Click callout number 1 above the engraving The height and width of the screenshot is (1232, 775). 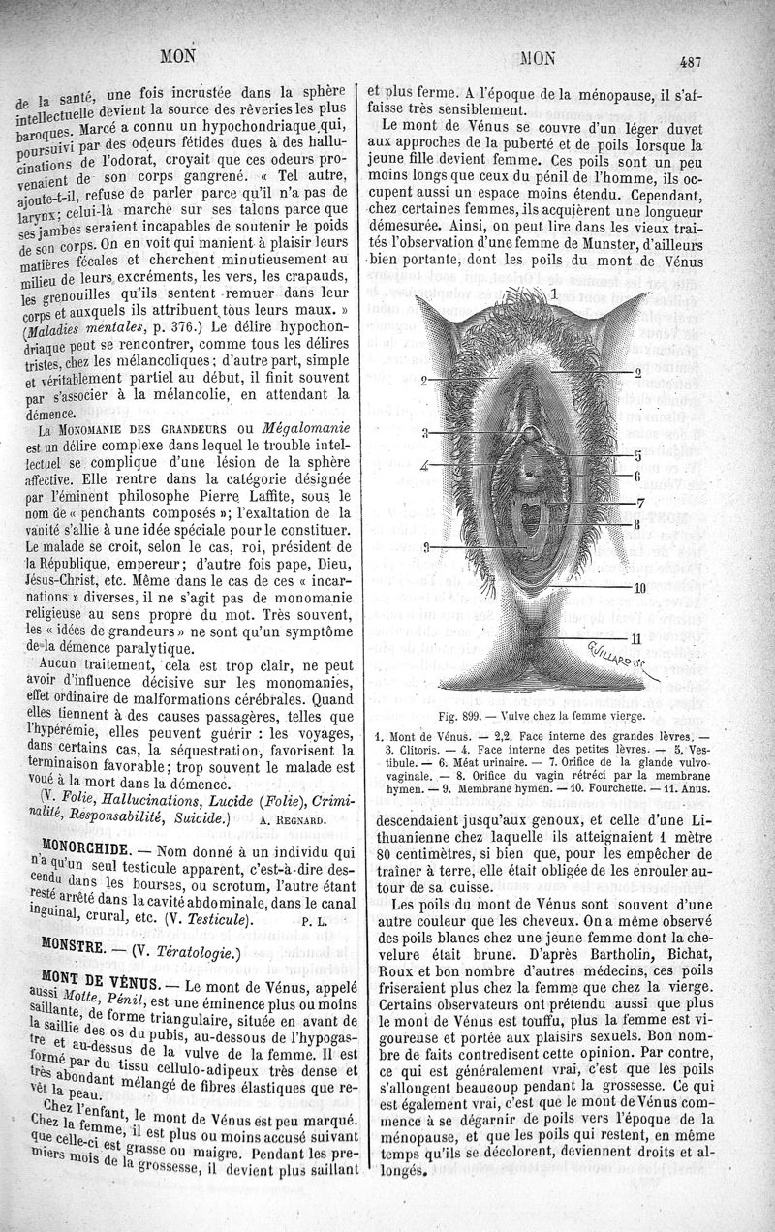554,291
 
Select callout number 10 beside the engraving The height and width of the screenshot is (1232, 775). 639,587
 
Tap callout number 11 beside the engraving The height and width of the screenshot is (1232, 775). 635,637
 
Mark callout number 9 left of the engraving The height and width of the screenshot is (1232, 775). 425,547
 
